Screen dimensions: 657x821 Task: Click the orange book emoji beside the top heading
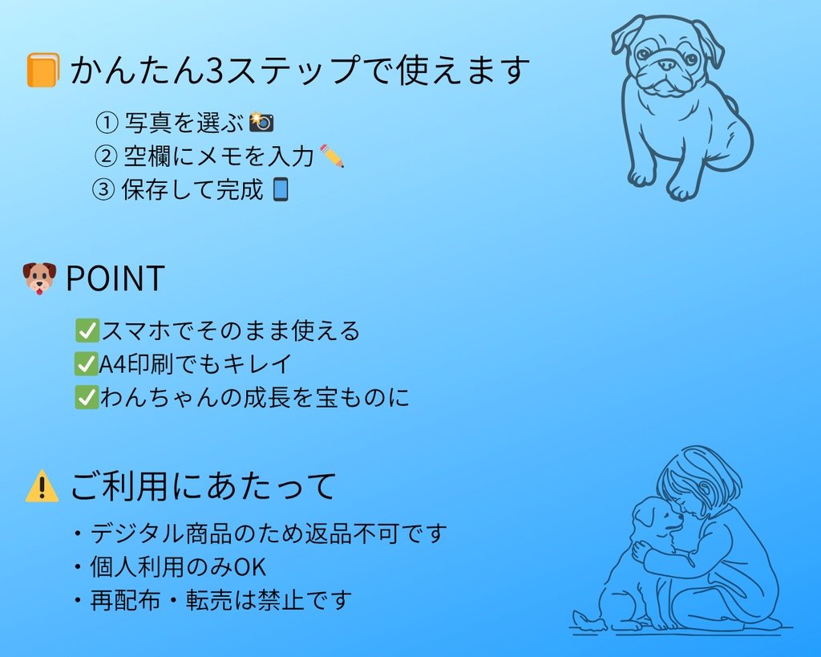pos(42,71)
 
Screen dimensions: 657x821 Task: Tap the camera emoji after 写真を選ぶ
pos(261,122)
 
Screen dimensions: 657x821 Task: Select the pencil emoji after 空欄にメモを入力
pos(332,156)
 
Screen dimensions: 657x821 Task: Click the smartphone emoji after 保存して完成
pos(280,189)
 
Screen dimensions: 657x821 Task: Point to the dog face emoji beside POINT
pos(39,278)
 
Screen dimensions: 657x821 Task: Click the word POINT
pos(115,278)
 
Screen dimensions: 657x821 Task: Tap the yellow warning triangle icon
pos(42,486)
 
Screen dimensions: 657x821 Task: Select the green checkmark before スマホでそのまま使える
pos(86,331)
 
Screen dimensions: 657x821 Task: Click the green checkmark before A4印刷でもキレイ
pos(86,363)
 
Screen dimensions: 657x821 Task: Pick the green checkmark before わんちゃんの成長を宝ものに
pos(86,397)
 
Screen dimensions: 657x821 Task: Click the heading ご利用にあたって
pos(203,486)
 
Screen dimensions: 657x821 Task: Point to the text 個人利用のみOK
pos(178,567)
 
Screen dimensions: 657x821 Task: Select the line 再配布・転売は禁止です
pos(220,600)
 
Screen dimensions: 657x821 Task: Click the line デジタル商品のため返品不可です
pos(268,533)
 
